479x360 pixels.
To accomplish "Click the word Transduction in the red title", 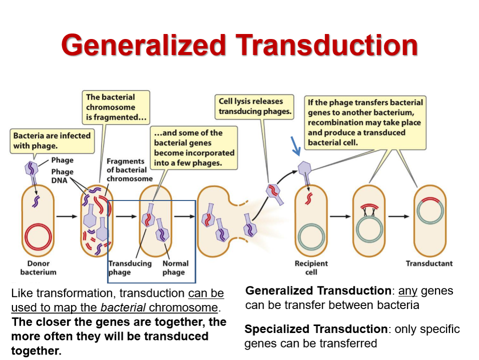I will pos(326,45).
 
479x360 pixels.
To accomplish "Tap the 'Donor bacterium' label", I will pos(38,267).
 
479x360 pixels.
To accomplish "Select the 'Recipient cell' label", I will pos(311,267).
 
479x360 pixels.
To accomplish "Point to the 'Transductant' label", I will pos(429,263).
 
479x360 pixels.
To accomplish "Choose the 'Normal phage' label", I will pos(175,267).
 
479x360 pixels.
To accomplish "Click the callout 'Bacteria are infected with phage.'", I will pos(52,140).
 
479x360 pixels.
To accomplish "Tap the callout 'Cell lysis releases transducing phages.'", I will pos(255,106).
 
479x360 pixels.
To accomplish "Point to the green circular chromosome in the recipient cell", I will pos(311,236).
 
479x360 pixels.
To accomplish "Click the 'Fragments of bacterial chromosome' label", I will pos(129,170).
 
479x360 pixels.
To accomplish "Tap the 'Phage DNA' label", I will pos(62,175).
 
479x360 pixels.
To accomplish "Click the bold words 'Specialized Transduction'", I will pos(316,329).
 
